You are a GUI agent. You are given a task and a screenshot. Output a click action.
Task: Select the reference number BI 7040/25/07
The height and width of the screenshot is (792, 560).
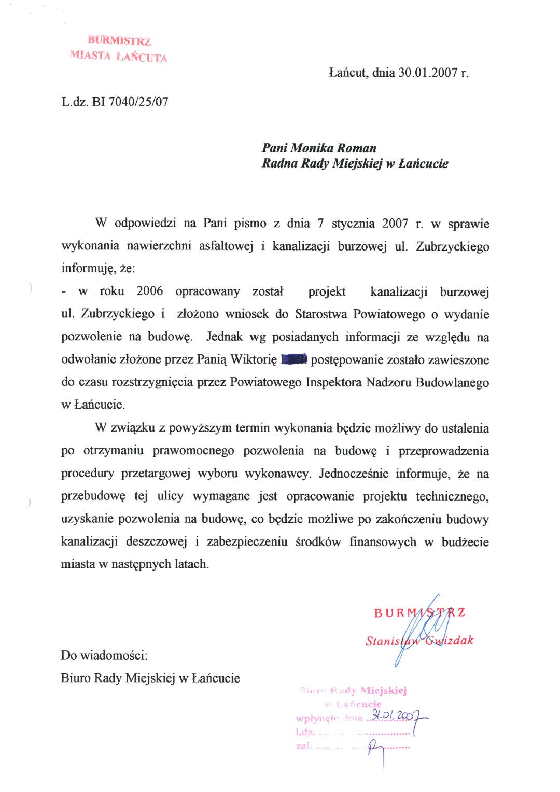(x=130, y=102)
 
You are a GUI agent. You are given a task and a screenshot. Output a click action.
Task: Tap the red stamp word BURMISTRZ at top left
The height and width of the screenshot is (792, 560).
(x=119, y=40)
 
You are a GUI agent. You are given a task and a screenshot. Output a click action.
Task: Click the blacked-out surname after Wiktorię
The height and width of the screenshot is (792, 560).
(x=294, y=359)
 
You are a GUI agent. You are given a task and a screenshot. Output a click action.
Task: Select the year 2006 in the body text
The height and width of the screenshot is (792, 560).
(x=149, y=291)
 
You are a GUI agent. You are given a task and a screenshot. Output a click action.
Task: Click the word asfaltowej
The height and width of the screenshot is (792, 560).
(x=226, y=246)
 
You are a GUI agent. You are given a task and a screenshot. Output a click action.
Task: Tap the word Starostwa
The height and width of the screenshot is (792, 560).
(x=321, y=314)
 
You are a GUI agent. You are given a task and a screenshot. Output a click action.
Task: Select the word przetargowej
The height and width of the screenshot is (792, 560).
(x=156, y=474)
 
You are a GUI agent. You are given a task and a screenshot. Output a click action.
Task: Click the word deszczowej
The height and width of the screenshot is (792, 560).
(x=156, y=542)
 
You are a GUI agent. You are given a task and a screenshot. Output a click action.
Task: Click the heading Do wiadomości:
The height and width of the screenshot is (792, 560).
(x=104, y=655)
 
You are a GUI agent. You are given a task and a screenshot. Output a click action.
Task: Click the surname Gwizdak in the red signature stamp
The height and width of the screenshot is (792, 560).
(x=449, y=641)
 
